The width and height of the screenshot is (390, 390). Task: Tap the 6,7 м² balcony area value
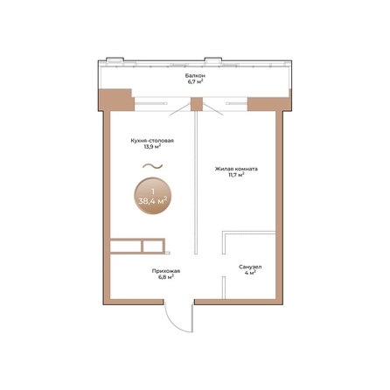(x=195, y=81)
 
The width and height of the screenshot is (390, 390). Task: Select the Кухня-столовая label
(x=152, y=141)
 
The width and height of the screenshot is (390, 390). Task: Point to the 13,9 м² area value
(x=152, y=147)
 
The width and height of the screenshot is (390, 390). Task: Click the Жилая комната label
(x=236, y=169)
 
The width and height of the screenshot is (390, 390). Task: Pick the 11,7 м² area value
(x=236, y=175)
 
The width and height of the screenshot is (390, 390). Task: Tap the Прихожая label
(x=166, y=271)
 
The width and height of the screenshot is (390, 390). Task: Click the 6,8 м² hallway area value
(x=166, y=277)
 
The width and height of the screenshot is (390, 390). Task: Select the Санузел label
(x=250, y=267)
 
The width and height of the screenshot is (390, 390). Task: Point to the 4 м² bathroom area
(x=250, y=273)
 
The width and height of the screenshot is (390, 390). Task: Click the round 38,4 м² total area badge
(x=153, y=196)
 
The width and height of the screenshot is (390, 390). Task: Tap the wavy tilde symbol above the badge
(x=152, y=166)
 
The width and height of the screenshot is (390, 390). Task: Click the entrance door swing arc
(x=174, y=323)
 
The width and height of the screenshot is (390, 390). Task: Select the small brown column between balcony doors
(x=197, y=104)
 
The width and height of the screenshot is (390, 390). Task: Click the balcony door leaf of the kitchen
(x=180, y=109)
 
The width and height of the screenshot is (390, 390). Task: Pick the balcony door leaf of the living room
(x=213, y=109)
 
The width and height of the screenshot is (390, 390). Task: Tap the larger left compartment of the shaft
(x=126, y=247)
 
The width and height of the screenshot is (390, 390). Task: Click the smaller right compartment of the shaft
(x=153, y=247)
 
